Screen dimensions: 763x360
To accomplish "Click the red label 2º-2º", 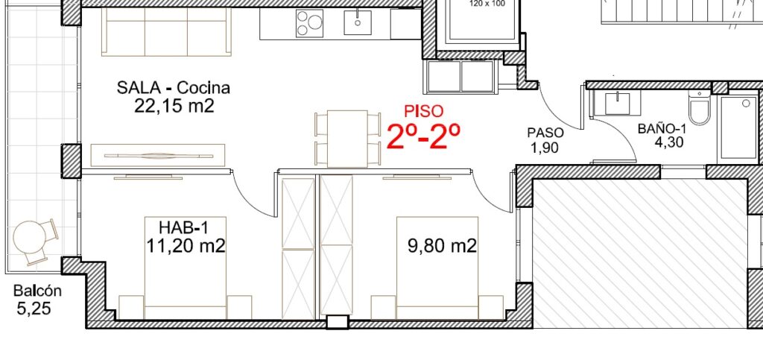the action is (x=423, y=136).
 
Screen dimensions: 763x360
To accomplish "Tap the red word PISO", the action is (x=424, y=111).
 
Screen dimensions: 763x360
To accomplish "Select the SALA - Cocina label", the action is (x=173, y=88).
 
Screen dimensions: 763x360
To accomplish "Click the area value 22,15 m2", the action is (x=174, y=106).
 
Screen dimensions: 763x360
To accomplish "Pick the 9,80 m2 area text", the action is (x=442, y=246).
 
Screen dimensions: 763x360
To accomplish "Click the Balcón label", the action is (x=37, y=291).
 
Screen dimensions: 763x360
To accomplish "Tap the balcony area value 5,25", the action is (x=34, y=309).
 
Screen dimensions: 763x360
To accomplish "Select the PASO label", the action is (x=545, y=133).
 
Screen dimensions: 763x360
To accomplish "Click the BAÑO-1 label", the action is (x=662, y=129).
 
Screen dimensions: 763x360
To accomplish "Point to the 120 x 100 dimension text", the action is (x=487, y=4).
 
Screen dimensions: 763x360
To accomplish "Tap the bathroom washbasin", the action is (x=618, y=104).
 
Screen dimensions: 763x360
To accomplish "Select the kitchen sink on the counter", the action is (x=358, y=22).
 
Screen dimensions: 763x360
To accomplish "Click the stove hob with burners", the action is (x=309, y=23).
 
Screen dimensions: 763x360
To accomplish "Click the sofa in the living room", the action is (x=166, y=31).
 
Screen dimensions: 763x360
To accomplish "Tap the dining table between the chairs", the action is (x=347, y=139).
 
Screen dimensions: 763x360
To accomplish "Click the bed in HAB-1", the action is (x=186, y=268).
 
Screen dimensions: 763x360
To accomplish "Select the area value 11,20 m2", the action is (x=186, y=246).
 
